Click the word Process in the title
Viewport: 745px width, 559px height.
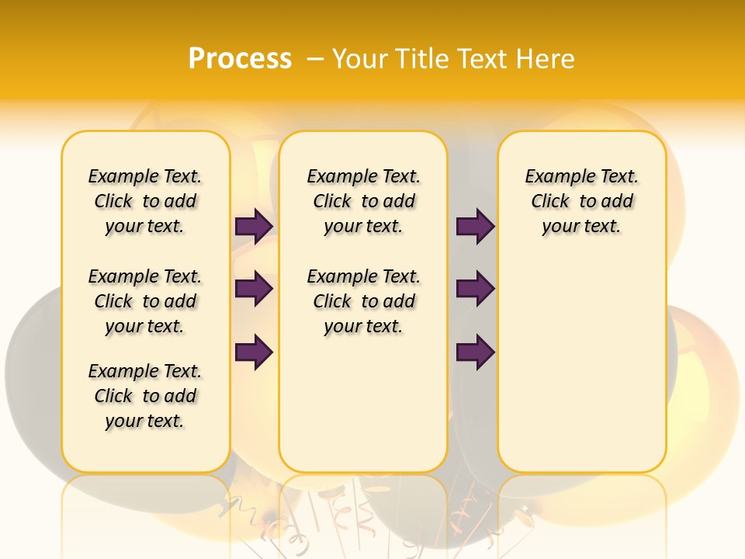240,59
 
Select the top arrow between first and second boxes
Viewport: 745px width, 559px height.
254,226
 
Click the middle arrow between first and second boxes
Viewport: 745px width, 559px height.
254,289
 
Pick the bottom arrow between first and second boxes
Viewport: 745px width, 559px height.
254,352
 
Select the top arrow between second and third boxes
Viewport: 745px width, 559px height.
475,226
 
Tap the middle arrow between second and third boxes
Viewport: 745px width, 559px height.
475,289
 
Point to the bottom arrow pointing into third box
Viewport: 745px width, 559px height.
475,352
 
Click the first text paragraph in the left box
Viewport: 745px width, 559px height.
145,201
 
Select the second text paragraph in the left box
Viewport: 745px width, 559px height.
145,301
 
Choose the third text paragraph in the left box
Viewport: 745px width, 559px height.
145,396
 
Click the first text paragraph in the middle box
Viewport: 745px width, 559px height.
363,201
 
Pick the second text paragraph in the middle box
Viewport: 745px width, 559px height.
363,301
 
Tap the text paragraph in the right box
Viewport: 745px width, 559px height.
581,201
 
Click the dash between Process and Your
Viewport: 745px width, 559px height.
315,59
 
